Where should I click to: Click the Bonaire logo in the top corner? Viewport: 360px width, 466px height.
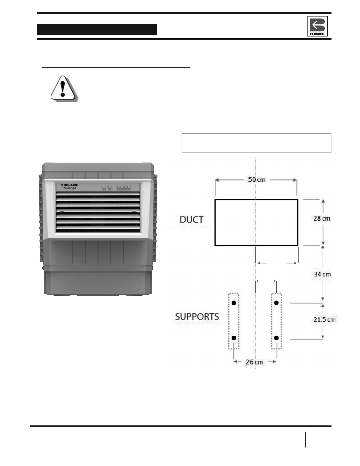317,26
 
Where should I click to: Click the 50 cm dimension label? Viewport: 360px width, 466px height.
257,180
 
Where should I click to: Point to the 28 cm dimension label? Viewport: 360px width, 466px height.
322,218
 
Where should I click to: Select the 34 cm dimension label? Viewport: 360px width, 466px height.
322,274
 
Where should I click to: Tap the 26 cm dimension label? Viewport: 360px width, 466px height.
254,362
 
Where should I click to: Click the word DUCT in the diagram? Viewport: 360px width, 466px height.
192,220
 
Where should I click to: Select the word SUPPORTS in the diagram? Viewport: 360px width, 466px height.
197,317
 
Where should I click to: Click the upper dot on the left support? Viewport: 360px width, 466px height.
234,303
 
